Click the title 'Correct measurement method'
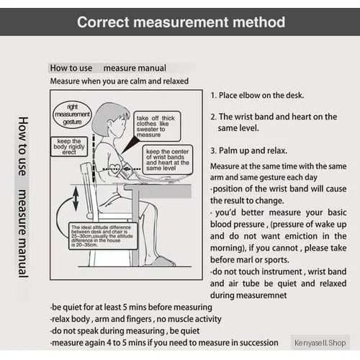pos(181,22)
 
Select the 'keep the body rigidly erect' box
pos(69,147)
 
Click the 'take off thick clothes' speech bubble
pos(157,126)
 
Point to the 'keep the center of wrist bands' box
pos(168,160)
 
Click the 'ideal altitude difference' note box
pos(103,236)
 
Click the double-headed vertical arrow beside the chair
pos(76,199)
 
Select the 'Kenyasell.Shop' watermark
pos(320,343)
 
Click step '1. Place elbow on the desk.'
pos(257,96)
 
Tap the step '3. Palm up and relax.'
pos(248,150)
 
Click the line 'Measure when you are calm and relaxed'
pos(120,81)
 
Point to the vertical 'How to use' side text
pos(23,146)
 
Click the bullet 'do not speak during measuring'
pos(108,331)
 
